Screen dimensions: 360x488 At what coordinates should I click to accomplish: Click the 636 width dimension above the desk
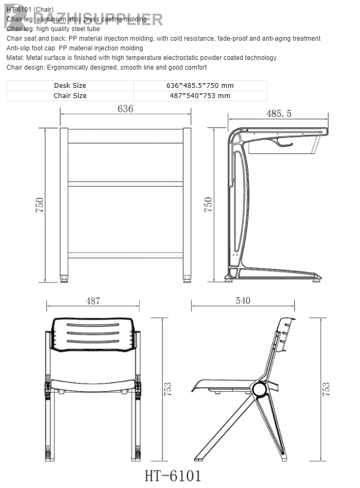pos(125,109)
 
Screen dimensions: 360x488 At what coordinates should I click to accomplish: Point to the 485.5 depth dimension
pos(279,114)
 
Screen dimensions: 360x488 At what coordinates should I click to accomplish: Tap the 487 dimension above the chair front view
pos(93,301)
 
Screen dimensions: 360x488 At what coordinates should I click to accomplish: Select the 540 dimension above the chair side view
pos(243,301)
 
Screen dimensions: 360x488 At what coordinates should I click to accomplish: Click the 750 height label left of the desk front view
pos(40,205)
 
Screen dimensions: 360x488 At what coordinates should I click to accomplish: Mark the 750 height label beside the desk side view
pos(208,205)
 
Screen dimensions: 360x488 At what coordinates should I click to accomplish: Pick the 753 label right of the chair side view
pos(326,389)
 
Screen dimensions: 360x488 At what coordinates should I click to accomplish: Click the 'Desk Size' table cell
pos(70,86)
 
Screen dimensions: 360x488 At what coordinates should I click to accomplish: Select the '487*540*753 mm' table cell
pos(200,96)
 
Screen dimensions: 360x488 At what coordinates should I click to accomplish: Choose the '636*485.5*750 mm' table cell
pos(200,86)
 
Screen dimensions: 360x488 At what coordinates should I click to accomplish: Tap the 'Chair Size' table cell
pos(70,96)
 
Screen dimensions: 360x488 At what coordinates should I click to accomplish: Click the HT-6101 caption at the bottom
pos(173,476)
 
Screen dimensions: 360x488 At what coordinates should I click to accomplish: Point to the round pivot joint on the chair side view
pos(259,389)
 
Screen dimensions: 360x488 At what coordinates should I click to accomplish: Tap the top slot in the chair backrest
pos(93,325)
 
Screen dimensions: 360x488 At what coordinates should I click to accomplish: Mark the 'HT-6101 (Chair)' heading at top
pos(30,10)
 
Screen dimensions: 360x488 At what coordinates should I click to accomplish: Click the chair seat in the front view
pos(93,385)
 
